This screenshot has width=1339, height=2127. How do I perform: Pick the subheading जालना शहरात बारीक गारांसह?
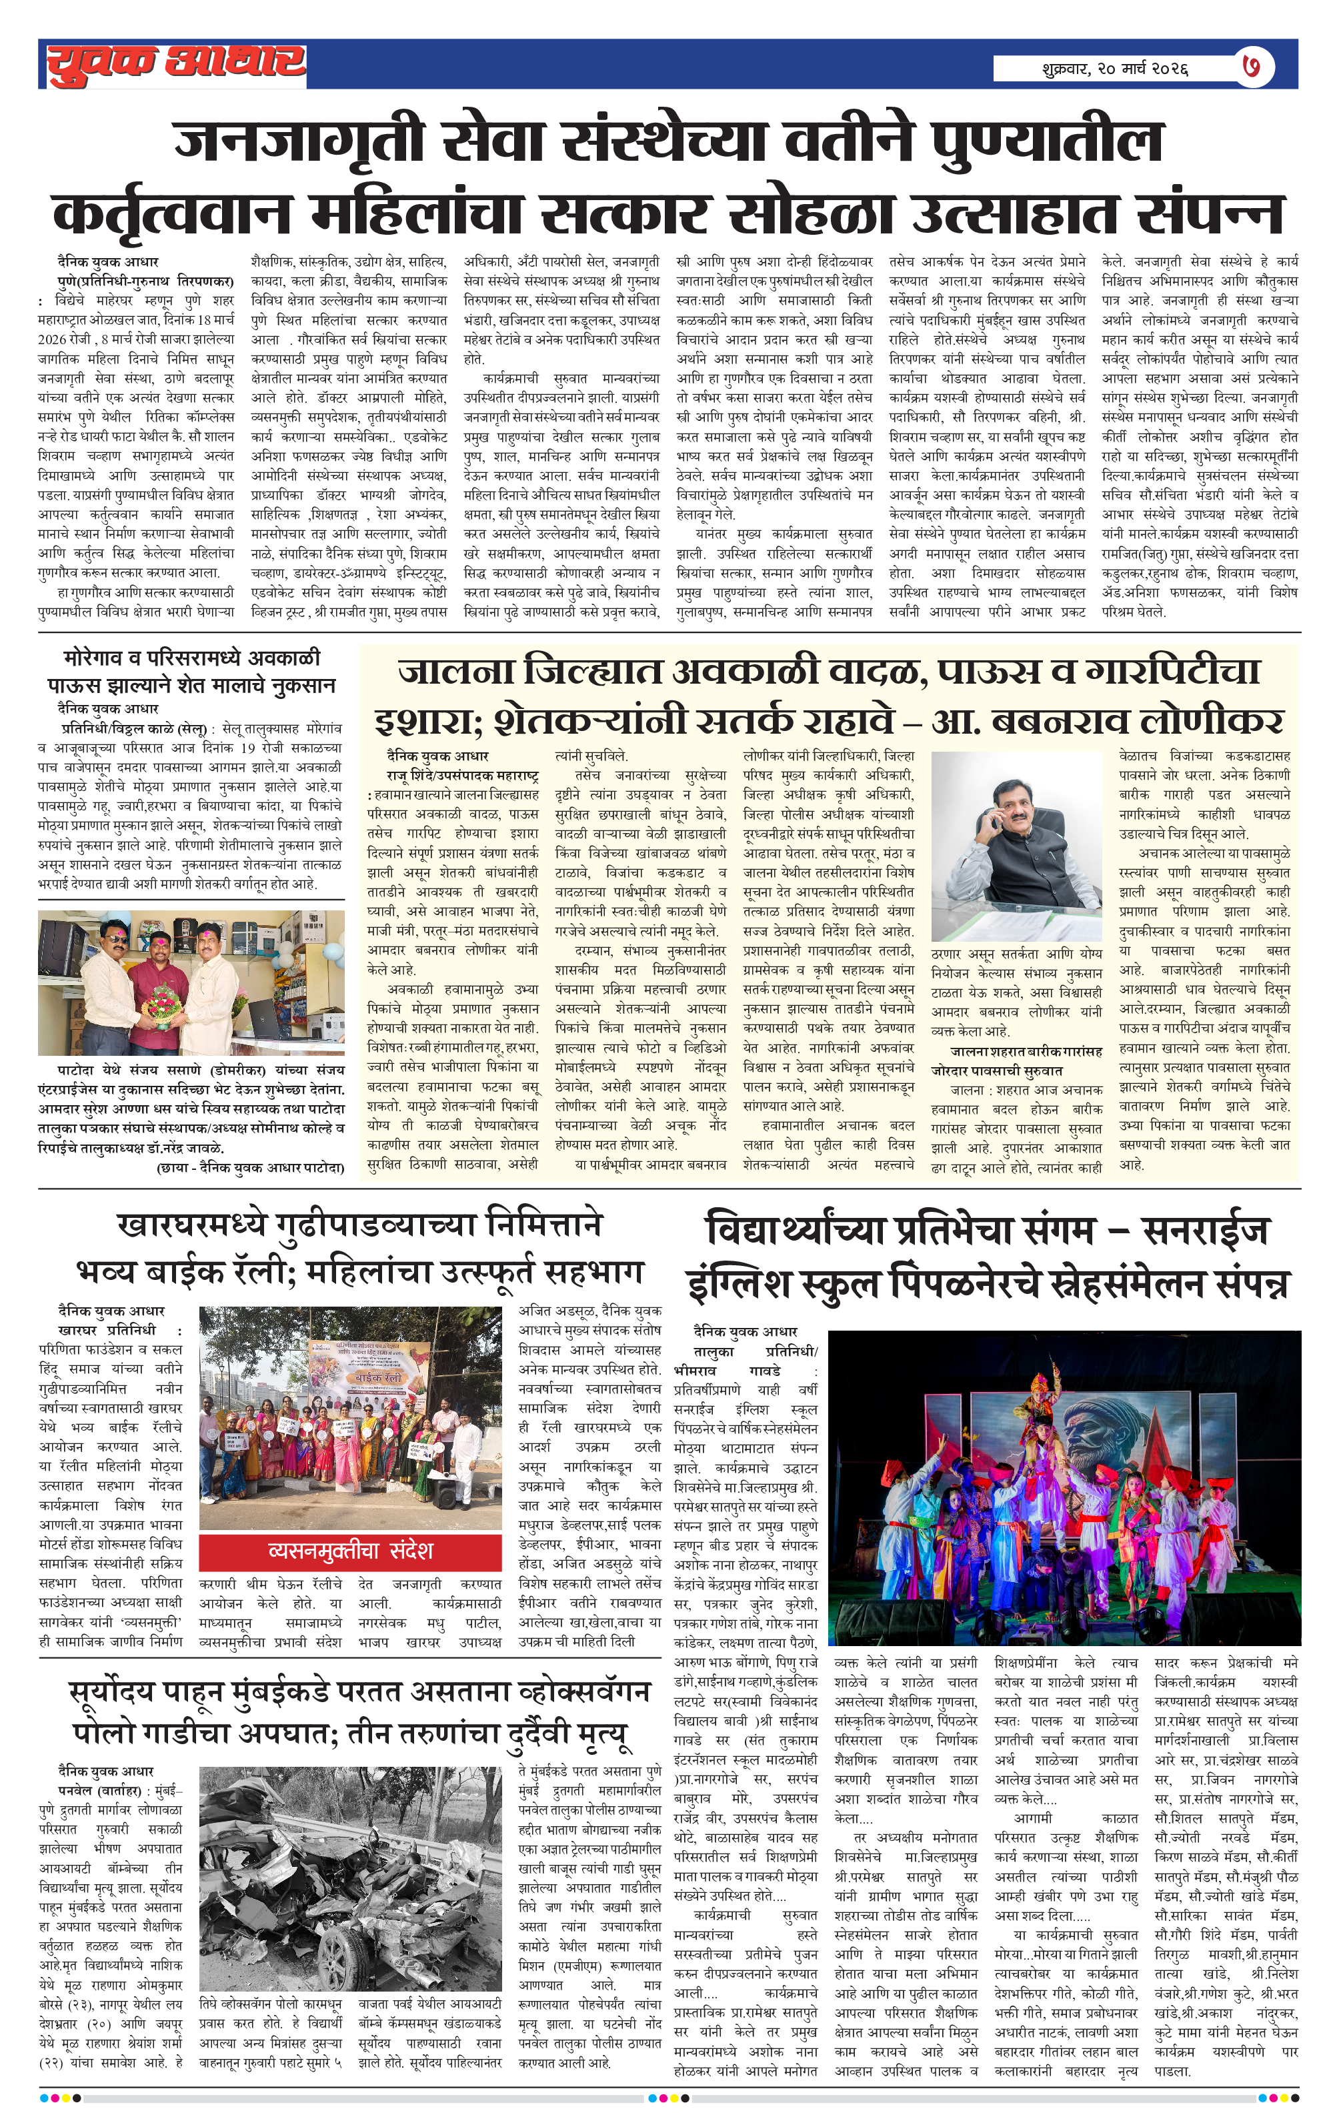pyautogui.click(x=1026, y=1051)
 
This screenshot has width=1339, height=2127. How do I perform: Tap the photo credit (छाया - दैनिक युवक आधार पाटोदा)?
pyautogui.click(x=250, y=1168)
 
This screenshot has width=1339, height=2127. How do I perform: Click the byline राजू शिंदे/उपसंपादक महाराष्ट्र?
pyautogui.click(x=462, y=774)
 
